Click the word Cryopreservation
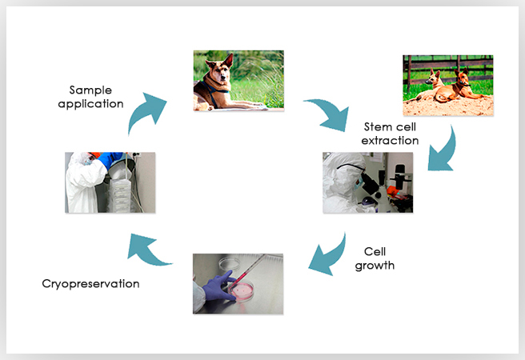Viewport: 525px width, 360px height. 90,284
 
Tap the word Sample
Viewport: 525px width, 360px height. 90,90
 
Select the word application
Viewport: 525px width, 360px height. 90,104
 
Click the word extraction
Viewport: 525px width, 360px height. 390,141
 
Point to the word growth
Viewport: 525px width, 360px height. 375,266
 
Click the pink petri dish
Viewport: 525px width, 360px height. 241,290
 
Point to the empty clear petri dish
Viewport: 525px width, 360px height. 230,263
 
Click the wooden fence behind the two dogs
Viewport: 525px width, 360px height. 448,70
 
